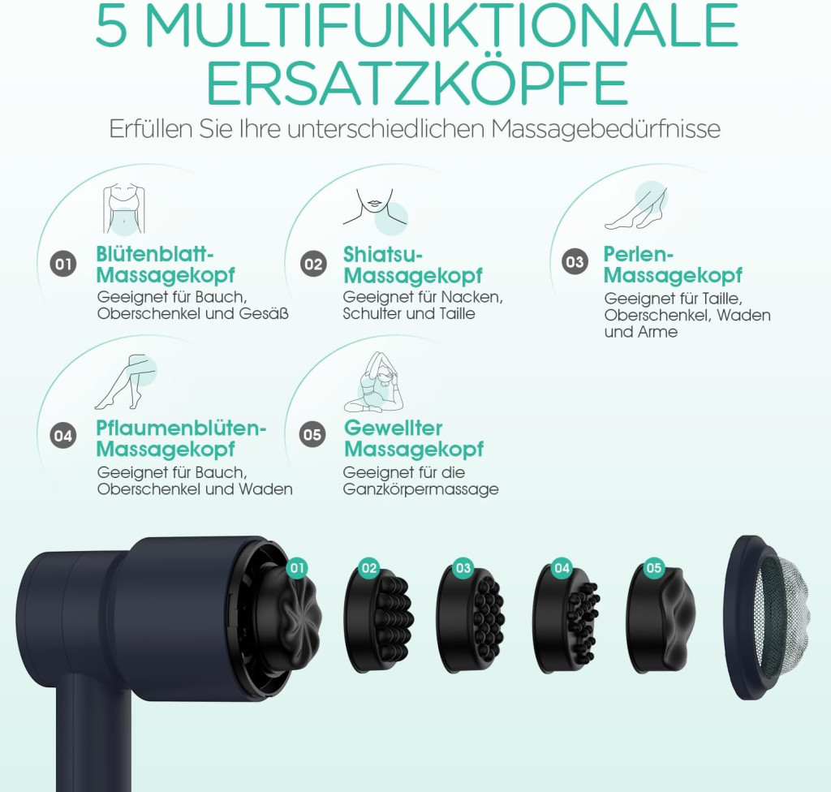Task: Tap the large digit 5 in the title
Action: pos(112,27)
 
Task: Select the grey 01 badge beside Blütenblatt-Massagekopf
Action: pos(63,264)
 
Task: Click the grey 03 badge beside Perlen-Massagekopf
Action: pos(575,262)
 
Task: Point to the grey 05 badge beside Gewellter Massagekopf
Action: pos(312,435)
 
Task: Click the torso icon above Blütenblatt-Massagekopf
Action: pos(124,209)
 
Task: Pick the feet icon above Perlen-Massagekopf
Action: pos(636,206)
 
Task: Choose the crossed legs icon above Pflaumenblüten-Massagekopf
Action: pos(126,382)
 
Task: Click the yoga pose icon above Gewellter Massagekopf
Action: pos(372,381)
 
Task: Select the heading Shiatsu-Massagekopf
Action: pos(413,265)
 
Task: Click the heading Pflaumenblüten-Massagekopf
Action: pos(181,438)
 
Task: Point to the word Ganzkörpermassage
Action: pos(421,489)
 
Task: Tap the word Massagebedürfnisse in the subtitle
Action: pos(605,129)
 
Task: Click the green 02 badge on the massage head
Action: pos(369,568)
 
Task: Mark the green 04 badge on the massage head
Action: pos(562,568)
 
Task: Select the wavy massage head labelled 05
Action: pos(661,619)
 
